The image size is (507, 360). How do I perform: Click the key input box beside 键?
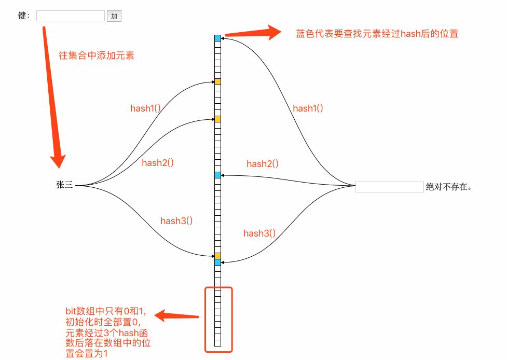(x=71, y=16)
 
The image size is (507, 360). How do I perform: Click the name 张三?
(x=64, y=185)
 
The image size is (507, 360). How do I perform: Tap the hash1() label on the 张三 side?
(x=145, y=109)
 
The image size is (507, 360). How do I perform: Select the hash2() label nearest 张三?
(x=157, y=162)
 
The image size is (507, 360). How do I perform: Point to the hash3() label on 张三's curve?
(x=176, y=220)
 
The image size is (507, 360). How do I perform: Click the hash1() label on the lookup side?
(x=308, y=108)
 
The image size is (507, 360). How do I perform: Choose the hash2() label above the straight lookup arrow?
(x=263, y=164)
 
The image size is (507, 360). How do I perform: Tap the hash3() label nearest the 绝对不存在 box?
(x=259, y=233)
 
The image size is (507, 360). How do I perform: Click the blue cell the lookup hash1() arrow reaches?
(x=217, y=38)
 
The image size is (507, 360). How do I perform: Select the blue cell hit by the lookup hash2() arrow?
(x=217, y=175)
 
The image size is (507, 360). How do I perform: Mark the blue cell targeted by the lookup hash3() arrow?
(x=217, y=262)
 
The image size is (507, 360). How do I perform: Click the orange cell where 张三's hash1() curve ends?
(x=217, y=81)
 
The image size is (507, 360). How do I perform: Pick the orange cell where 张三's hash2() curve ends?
(x=217, y=119)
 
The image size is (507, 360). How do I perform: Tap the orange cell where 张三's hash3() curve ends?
(x=217, y=256)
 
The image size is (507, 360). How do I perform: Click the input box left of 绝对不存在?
(x=389, y=187)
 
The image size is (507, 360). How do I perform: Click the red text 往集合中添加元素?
(x=97, y=56)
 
